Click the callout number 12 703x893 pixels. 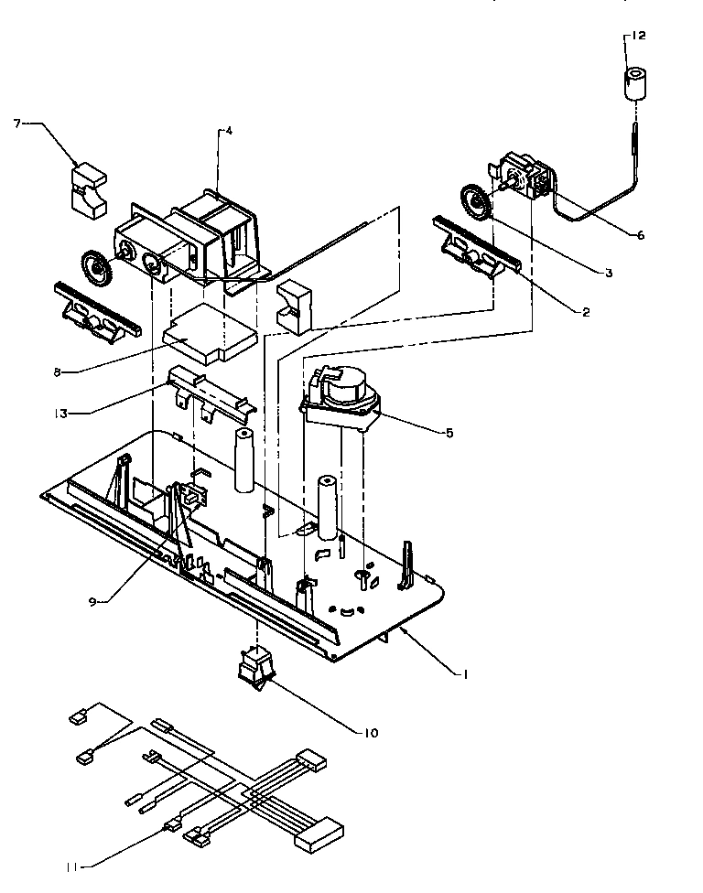pyautogui.click(x=637, y=36)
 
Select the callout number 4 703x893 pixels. pyautogui.click(x=228, y=131)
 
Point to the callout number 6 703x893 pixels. pyautogui.click(x=640, y=235)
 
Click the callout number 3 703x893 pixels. pyautogui.click(x=609, y=273)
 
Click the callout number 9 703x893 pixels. pyautogui.click(x=93, y=600)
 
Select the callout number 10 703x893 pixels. pyautogui.click(x=371, y=732)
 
